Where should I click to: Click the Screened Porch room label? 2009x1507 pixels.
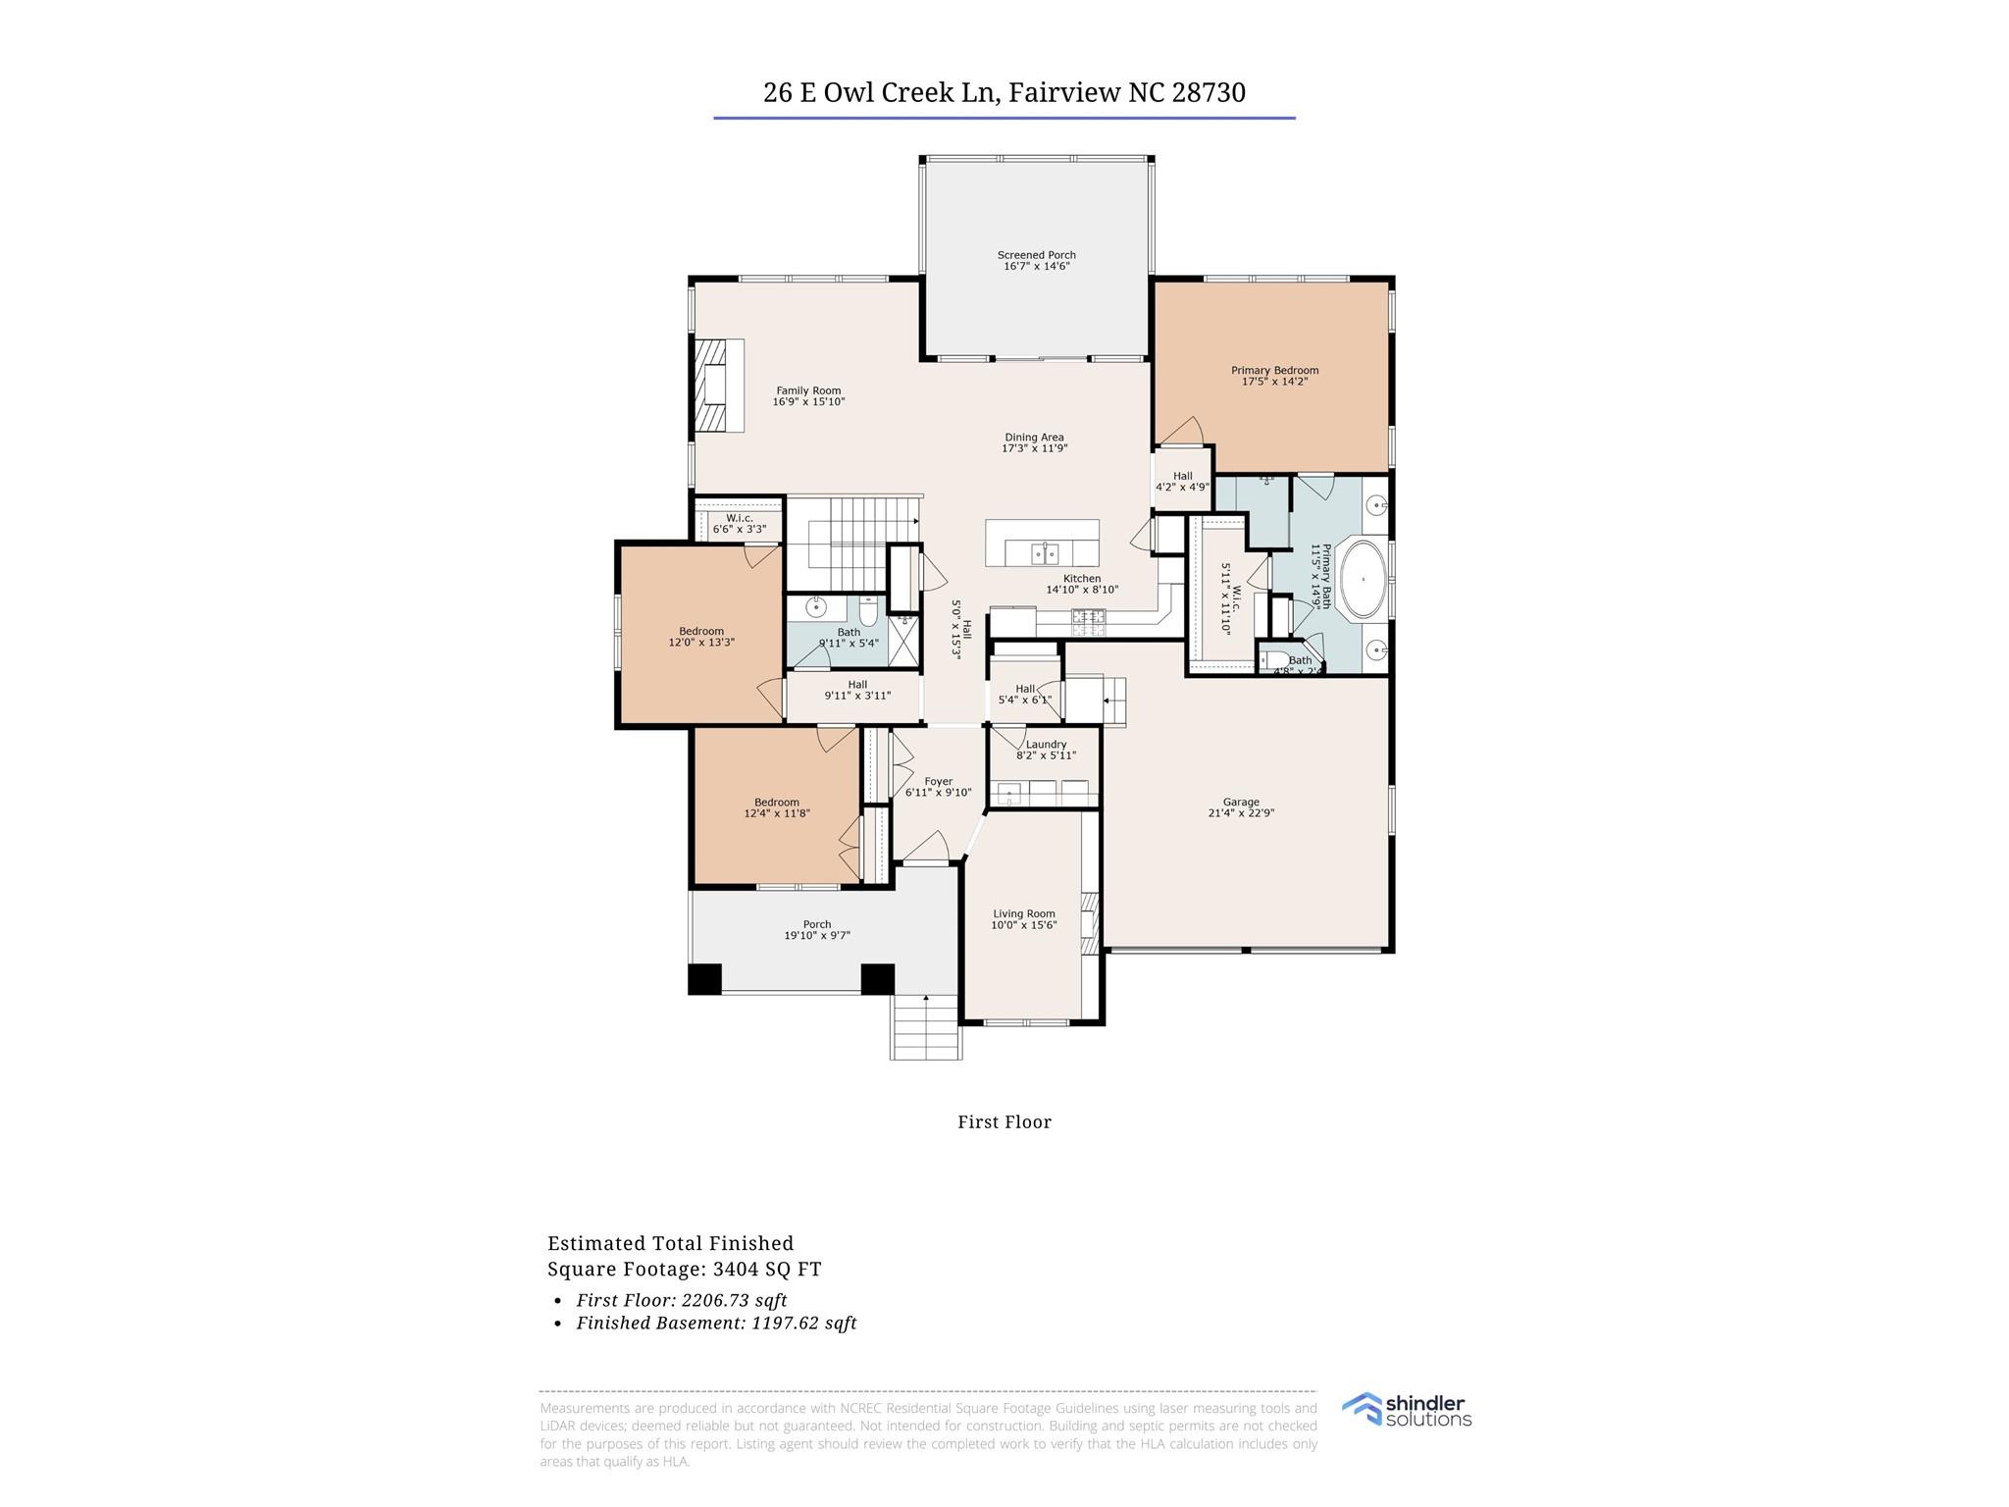tap(1036, 255)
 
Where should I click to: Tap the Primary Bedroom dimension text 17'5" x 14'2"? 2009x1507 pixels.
tap(1274, 382)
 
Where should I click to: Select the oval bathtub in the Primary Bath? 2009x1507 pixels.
tap(1363, 579)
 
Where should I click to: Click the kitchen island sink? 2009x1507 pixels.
tap(1044, 554)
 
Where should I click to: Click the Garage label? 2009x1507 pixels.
tap(1241, 802)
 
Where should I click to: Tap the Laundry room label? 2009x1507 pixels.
tap(1046, 745)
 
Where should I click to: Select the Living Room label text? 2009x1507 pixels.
tap(1023, 913)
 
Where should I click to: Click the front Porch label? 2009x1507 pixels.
tap(816, 924)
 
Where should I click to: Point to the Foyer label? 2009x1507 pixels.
tap(938, 782)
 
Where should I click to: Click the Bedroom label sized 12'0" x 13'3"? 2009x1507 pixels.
tap(700, 632)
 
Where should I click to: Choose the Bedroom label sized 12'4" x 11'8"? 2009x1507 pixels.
tap(776, 803)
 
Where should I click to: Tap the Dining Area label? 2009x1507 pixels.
tap(1034, 438)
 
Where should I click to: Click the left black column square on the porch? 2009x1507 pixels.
tap(704, 979)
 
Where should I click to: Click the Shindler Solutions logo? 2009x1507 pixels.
tap(1407, 1410)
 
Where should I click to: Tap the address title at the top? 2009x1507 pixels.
tap(1004, 92)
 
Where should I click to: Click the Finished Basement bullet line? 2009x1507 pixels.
tap(716, 1323)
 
